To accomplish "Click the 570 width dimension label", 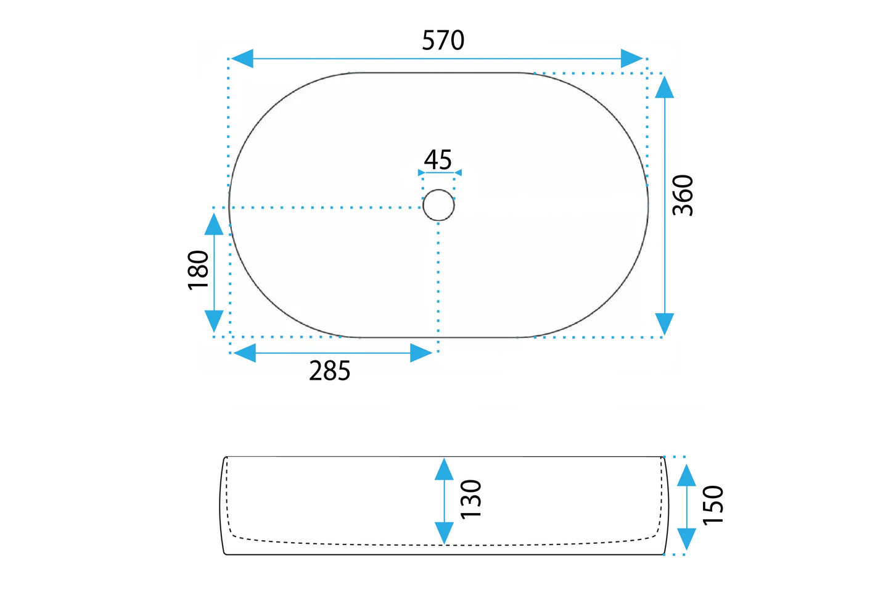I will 443,41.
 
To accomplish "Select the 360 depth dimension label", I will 683,195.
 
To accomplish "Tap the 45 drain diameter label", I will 438,160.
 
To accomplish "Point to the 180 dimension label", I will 199,270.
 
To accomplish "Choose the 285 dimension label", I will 329,371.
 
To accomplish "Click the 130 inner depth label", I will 471,499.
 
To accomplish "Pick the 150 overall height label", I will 713,505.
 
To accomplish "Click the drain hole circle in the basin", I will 438,205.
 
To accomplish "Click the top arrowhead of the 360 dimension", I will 664,87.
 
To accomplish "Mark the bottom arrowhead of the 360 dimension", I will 664,323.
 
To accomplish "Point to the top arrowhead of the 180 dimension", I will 214,224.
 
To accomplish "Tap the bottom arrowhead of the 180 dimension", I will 214,321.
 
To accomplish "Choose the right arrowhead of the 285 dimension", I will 421,353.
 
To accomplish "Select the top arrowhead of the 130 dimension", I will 444,469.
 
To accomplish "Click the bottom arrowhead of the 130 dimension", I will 444,533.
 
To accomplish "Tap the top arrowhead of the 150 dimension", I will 686,476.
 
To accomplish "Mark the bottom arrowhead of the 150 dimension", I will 686,538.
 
